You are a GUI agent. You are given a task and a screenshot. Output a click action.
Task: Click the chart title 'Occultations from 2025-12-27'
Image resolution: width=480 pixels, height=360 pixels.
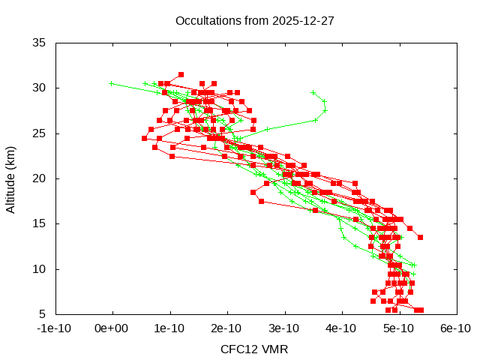point(254,21)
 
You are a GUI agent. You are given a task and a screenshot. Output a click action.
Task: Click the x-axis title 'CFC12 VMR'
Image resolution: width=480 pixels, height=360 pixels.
point(254,349)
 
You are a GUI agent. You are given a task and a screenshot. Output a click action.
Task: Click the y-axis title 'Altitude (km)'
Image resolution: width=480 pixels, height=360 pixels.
point(10,177)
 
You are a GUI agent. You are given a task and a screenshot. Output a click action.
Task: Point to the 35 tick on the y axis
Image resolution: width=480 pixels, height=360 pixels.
point(40,43)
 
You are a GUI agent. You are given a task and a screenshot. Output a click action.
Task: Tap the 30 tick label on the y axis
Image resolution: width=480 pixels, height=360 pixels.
point(40,88)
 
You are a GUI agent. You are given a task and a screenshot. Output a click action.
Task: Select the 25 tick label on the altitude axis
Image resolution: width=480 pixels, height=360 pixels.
point(40,133)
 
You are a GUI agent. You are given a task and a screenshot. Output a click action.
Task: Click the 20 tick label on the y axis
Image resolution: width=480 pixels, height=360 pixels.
point(40,178)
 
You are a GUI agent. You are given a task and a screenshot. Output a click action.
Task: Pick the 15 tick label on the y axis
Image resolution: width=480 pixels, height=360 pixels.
point(40,223)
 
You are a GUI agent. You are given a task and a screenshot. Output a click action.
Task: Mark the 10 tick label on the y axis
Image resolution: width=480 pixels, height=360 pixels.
point(40,268)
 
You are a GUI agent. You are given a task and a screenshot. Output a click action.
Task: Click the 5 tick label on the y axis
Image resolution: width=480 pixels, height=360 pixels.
point(43,314)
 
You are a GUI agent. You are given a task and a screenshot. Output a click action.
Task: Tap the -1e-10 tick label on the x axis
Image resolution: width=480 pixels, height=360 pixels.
point(55,328)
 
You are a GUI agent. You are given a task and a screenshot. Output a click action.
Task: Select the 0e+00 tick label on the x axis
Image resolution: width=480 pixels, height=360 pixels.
point(112,328)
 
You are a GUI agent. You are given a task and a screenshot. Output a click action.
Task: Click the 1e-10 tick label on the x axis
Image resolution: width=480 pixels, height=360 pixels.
point(169,328)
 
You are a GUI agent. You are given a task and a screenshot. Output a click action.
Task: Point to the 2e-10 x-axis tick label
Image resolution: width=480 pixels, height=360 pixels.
point(226,328)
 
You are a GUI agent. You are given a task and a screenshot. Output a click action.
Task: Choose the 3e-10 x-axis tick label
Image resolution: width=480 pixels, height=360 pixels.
point(284,328)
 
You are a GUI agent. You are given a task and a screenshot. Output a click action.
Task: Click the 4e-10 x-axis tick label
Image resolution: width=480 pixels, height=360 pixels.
point(341,328)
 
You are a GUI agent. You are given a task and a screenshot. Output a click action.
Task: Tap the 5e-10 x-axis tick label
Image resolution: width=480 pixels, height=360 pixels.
point(398,328)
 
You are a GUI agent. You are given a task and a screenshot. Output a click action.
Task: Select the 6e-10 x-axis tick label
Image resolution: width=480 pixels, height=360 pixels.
point(455,328)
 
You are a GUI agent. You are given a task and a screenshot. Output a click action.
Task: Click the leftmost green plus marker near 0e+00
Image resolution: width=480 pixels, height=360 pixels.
point(112,83)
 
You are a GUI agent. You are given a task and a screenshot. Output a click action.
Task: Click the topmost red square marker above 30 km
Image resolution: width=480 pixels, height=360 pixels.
point(181,74)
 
